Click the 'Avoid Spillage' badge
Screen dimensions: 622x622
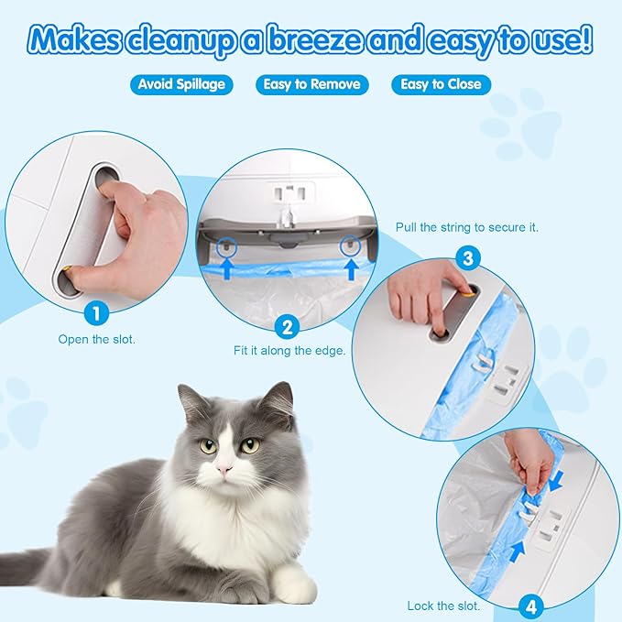(x=180, y=84)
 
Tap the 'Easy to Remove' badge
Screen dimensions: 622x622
(x=311, y=84)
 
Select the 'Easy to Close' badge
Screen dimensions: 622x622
(x=441, y=84)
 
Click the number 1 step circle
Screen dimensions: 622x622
(x=98, y=313)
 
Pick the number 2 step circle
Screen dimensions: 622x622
(x=288, y=327)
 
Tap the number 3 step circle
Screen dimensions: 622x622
(x=468, y=258)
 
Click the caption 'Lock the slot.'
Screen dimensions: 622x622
(x=443, y=606)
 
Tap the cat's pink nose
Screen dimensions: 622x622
(x=223, y=469)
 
